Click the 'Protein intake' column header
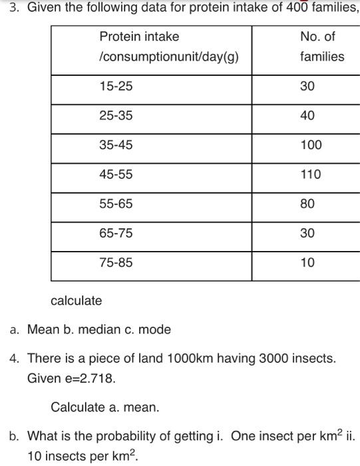coord(139,36)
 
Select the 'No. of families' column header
coord(318,36)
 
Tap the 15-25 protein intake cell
coord(116,86)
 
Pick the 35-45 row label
coord(116,144)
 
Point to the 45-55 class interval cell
coord(116,174)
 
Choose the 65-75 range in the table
coord(116,233)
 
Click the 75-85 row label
coord(116,263)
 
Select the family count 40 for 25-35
coord(307,115)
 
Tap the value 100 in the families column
coord(311,144)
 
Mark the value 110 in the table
coord(311,174)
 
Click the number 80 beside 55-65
coord(307,204)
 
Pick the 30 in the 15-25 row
coord(307,86)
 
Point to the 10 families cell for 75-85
coord(307,263)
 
